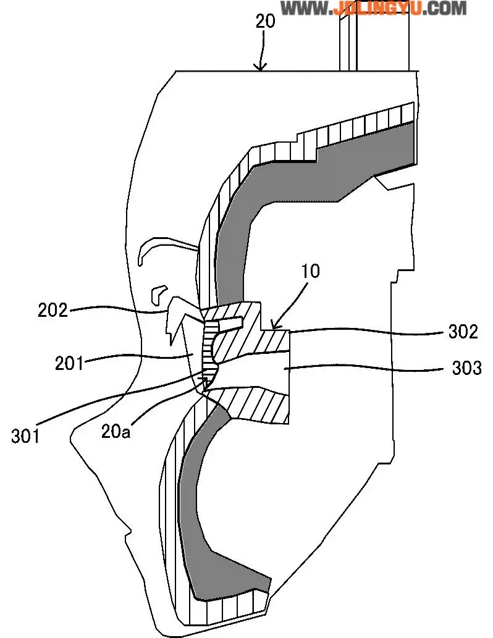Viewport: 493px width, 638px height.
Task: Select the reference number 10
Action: [311, 272]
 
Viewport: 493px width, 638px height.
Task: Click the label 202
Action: [53, 309]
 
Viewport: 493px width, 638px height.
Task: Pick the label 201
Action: [69, 363]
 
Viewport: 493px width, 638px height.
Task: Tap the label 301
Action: [25, 436]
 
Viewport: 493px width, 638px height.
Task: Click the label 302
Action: [463, 332]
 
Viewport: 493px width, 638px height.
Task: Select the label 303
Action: [466, 368]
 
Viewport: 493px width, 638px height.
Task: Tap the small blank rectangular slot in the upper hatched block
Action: [229, 322]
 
